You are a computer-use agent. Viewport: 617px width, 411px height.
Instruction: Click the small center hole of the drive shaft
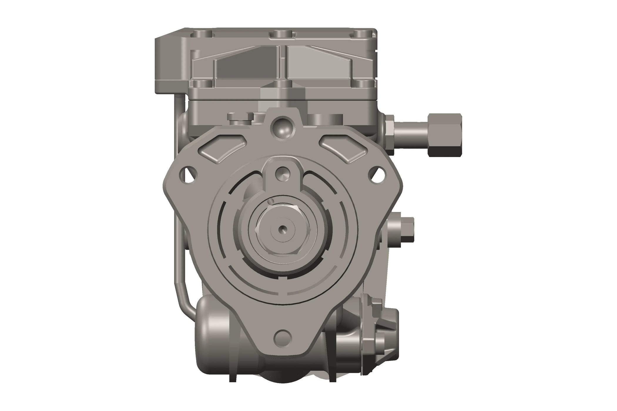[283, 228]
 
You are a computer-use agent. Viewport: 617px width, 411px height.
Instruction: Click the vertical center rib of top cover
[283, 62]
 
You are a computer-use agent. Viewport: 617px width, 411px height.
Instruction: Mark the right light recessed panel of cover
[319, 66]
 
